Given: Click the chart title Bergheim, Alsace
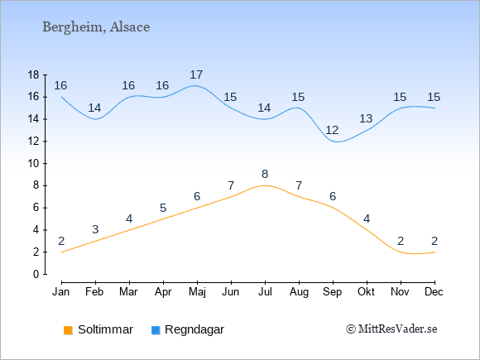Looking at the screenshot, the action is point(96,27).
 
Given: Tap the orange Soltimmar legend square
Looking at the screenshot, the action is point(68,330).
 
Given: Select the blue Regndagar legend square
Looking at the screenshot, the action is point(156,330).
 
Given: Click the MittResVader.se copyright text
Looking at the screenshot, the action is point(391,329).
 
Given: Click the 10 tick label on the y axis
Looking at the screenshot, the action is point(33,164).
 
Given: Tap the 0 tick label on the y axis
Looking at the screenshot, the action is point(36,274).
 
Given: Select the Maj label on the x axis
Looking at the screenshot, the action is point(197,292).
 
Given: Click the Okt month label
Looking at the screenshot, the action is point(366,292).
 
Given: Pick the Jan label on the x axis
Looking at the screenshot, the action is point(61,292).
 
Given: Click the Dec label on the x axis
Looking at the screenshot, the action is point(434,292).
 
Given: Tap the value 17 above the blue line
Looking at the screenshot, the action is point(196,74).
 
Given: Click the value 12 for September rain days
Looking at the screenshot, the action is point(332,131).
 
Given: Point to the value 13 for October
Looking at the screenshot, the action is point(366,118).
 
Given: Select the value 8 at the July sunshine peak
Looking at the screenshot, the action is point(265,174).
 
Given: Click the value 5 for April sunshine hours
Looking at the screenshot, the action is point(163,209).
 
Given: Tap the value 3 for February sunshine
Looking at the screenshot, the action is point(95,229).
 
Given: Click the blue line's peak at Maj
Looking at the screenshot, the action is point(196,86).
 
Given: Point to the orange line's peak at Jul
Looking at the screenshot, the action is point(265,185).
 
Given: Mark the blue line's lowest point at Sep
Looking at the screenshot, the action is point(337,142).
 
